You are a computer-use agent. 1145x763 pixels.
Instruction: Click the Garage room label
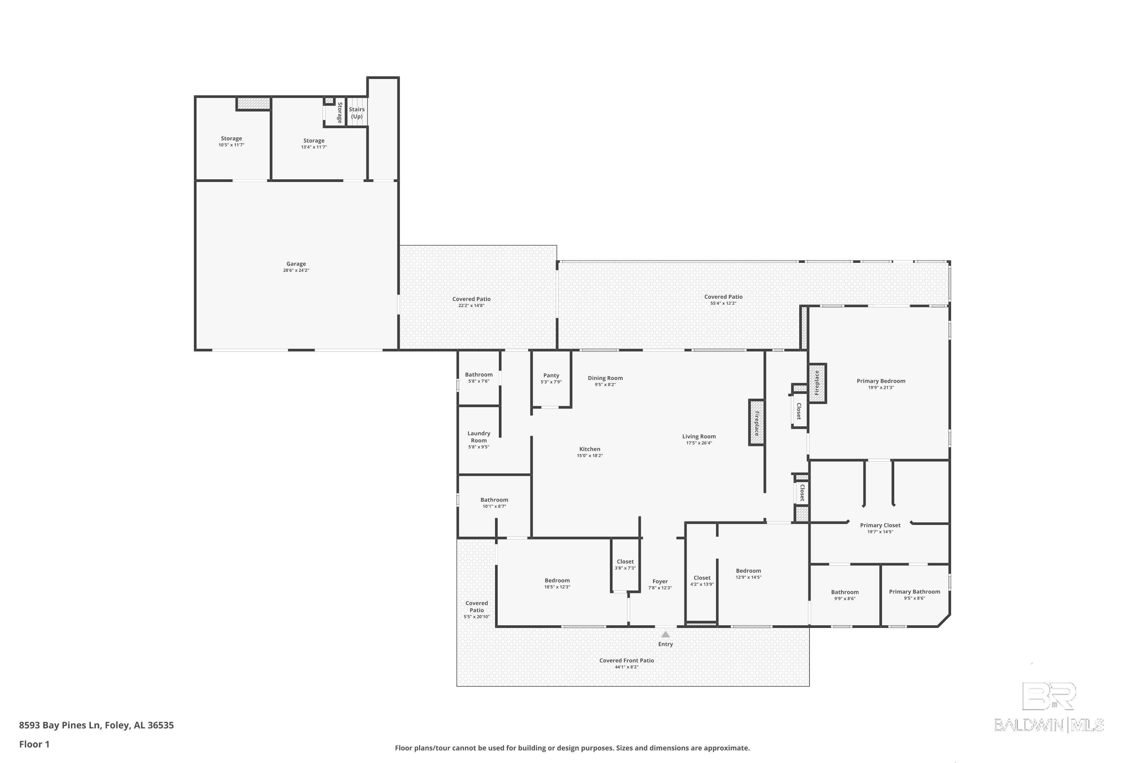pos(296,264)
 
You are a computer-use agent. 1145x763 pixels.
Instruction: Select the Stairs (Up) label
pos(357,113)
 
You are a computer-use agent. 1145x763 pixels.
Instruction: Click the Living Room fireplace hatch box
pos(756,422)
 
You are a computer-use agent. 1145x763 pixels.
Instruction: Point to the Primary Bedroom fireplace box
pos(818,383)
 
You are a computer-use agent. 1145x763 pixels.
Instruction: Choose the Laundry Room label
pos(479,436)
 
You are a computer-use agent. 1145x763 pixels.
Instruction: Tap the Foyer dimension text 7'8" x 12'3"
pos(660,588)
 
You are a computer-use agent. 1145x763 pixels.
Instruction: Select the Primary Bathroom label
pos(914,592)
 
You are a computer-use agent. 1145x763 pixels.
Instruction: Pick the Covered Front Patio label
pos(627,660)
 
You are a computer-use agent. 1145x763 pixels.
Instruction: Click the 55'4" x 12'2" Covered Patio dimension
pos(723,303)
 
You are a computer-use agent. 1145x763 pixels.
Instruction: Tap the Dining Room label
pos(605,378)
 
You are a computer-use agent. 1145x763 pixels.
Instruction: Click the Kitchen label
pos(590,449)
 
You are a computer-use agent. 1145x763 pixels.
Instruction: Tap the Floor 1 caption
pos(34,744)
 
